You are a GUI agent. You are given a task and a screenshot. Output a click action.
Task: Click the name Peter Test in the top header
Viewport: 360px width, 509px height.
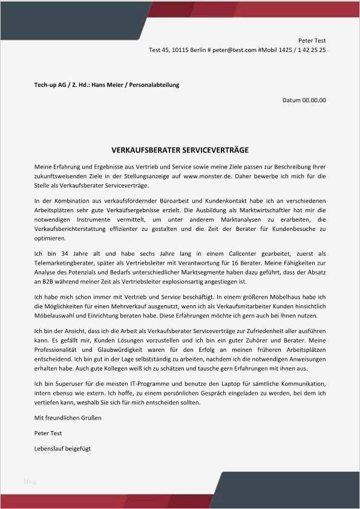[312, 40]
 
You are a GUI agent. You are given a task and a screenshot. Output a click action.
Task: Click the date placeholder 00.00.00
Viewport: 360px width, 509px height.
[314, 100]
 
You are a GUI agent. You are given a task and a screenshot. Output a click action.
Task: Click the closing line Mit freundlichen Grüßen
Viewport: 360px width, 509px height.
[68, 418]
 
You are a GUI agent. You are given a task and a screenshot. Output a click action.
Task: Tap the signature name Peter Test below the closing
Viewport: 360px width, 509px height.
[48, 433]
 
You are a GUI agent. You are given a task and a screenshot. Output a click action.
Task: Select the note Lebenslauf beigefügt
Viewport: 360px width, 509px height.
[63, 449]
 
